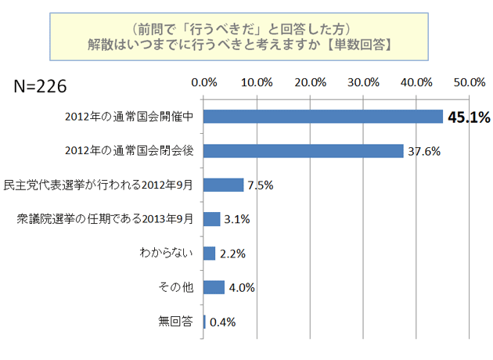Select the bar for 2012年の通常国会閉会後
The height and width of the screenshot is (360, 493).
(304, 151)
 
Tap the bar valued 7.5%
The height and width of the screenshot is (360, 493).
(223, 185)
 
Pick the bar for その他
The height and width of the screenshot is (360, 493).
(214, 287)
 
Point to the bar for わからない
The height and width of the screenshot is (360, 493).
(209, 253)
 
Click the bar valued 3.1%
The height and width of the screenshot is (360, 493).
(211, 219)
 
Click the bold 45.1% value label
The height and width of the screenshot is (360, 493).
(468, 117)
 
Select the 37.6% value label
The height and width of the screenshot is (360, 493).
(424, 151)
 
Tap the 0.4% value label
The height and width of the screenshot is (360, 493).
(222, 322)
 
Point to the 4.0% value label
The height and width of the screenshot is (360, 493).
(241, 287)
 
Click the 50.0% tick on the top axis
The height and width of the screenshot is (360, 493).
(469, 82)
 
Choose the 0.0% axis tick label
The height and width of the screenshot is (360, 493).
(204, 82)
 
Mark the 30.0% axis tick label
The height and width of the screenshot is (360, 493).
(363, 82)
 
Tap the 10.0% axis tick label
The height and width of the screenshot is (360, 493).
(257, 82)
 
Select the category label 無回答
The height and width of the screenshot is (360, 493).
(178, 322)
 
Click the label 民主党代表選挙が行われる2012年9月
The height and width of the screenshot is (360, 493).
(104, 185)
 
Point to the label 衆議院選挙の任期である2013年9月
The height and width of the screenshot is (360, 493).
(106, 219)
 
